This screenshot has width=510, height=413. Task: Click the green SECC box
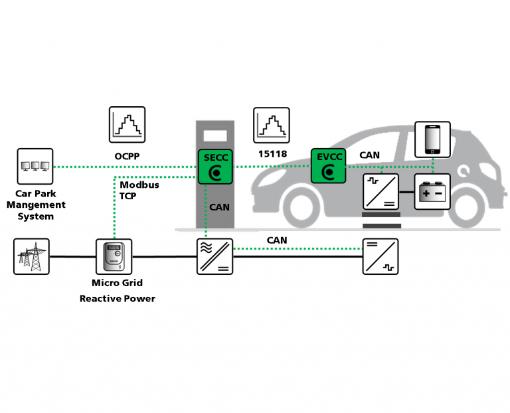(x=215, y=166)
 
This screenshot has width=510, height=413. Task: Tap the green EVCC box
(x=328, y=166)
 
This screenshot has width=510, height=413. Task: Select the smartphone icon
(x=432, y=139)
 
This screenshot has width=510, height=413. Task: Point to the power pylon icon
(x=31, y=256)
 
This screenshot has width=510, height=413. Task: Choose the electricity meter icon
(x=114, y=256)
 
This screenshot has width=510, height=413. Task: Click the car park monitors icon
(x=35, y=166)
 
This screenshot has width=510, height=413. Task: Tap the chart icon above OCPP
(x=127, y=124)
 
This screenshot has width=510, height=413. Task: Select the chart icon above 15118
(x=272, y=124)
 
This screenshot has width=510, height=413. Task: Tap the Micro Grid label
(x=118, y=284)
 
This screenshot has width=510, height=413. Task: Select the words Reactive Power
(x=118, y=299)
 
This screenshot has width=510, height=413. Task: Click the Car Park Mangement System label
(x=35, y=205)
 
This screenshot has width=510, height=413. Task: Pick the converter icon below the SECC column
(x=215, y=256)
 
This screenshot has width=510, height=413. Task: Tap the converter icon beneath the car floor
(x=381, y=256)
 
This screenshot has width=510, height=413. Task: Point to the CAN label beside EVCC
(x=369, y=155)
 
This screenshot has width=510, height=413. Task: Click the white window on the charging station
(x=215, y=137)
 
